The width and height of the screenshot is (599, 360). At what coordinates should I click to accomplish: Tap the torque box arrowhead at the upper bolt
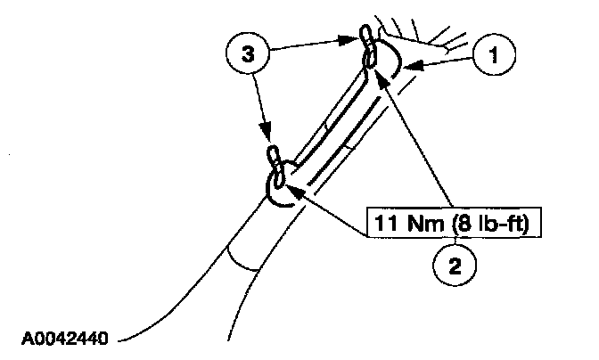[381, 77]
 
